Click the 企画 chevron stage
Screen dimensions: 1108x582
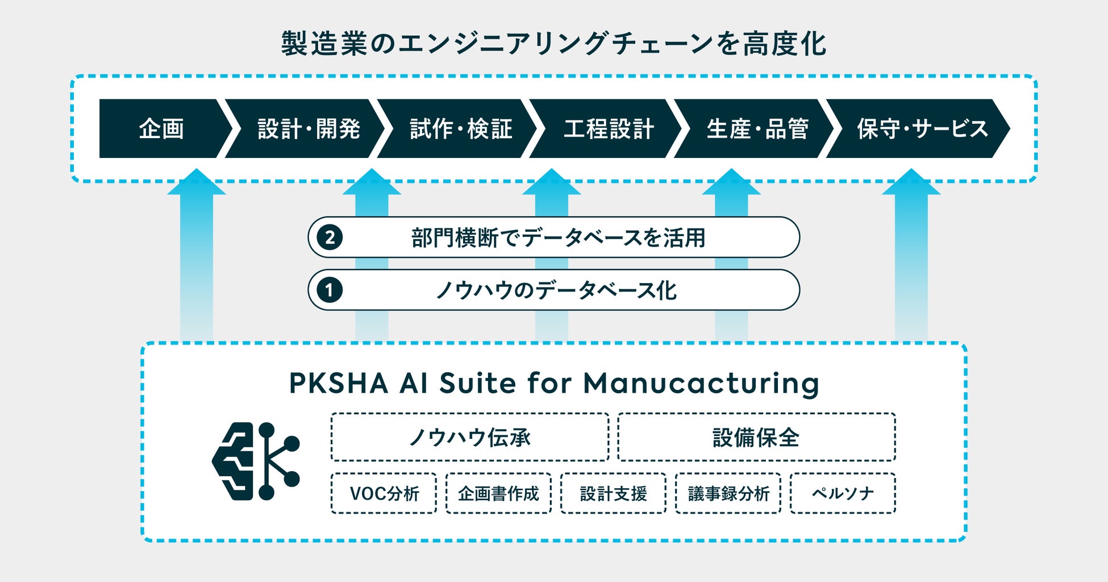161,129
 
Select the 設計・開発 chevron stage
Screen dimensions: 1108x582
309,129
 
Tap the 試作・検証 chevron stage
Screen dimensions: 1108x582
461,129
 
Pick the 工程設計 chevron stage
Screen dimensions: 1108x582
609,129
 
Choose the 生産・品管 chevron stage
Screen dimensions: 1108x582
757,129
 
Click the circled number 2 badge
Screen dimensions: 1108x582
330,237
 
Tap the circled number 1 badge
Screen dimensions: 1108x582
330,290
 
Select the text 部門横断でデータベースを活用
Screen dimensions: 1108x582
558,238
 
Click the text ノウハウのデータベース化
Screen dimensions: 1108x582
556,290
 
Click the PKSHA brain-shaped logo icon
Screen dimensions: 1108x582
256,461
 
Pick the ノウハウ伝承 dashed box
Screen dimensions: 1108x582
470,437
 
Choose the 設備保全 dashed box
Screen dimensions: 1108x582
756,437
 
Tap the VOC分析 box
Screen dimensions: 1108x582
384,493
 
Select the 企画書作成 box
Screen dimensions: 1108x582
498,493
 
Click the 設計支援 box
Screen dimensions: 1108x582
613,493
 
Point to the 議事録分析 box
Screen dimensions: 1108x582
728,493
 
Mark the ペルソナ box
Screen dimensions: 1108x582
843,493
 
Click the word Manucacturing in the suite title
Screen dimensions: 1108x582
701,384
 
